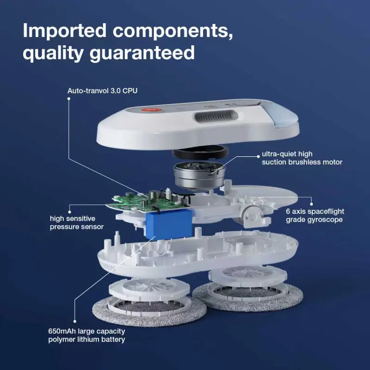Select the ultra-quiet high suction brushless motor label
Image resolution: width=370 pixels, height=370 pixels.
(x=302, y=158)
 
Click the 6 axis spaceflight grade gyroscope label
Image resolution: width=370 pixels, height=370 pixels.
(x=314, y=216)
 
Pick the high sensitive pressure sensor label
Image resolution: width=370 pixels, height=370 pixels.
(x=76, y=222)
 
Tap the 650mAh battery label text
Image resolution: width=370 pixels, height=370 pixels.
(x=86, y=335)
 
